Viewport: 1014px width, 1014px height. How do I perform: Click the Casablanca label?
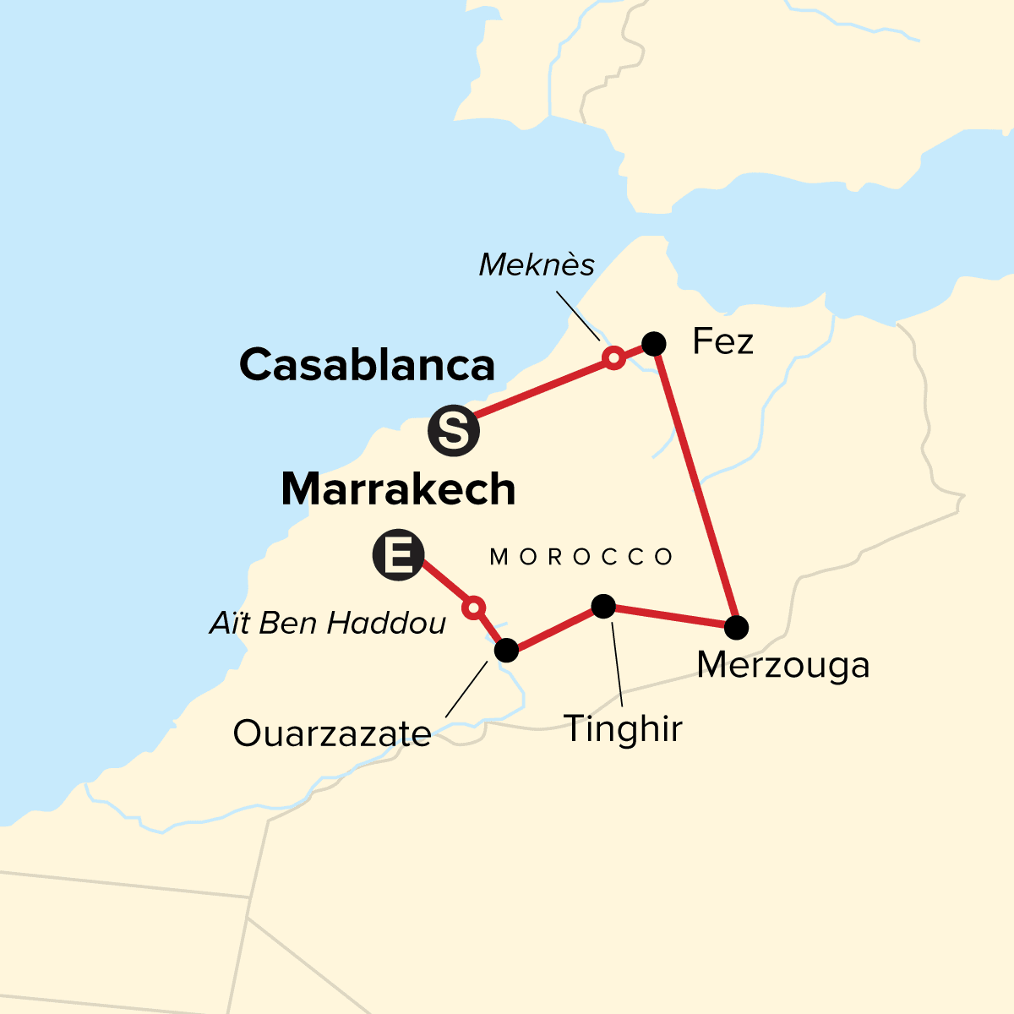tap(367, 365)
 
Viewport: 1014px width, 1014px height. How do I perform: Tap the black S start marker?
tap(454, 431)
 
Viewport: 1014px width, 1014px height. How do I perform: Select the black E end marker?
tap(398, 555)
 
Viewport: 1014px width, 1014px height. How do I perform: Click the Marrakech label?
tap(398, 489)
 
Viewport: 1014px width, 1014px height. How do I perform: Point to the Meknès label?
tap(537, 265)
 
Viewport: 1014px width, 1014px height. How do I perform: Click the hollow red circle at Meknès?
tap(614, 358)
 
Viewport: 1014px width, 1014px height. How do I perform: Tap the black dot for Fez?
tap(654, 343)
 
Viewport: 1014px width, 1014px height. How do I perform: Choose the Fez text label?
tap(722, 342)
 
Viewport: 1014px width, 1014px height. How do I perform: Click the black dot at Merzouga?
tap(737, 627)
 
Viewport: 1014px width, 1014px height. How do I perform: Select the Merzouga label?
tap(783, 665)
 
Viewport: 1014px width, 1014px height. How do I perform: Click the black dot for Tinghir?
tap(602, 606)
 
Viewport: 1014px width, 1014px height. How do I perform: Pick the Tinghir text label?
tap(623, 728)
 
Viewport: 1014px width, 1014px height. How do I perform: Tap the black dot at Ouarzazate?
tap(505, 650)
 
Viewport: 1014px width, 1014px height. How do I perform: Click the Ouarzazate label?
tap(332, 733)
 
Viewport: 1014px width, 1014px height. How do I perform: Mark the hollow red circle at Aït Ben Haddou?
tap(474, 607)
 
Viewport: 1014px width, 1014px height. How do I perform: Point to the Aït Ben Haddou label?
tap(328, 624)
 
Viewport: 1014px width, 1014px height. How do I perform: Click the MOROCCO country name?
tap(582, 557)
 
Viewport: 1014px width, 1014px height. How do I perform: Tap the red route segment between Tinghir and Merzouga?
tap(669, 617)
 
